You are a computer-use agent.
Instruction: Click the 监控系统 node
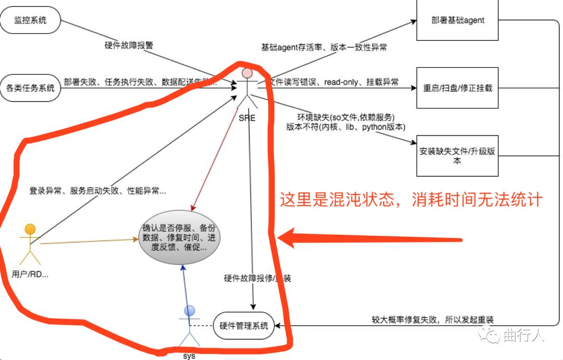tap(31, 20)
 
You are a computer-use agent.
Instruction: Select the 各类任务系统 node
tap(31, 88)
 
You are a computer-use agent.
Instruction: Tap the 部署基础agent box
tap(458, 20)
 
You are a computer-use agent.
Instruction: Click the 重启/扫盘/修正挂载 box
tap(457, 88)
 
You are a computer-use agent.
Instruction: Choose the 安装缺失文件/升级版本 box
tap(457, 156)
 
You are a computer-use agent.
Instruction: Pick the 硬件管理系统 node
tap(244, 326)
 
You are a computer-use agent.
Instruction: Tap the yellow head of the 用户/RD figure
tap(30, 229)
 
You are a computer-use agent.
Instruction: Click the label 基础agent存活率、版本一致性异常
tap(324, 47)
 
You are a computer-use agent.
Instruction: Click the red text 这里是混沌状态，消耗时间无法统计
tap(411, 200)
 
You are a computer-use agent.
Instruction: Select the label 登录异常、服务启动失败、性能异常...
tap(97, 191)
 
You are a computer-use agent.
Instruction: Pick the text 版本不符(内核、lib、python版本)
tap(346, 127)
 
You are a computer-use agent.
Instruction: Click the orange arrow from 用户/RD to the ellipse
tap(89, 242)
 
